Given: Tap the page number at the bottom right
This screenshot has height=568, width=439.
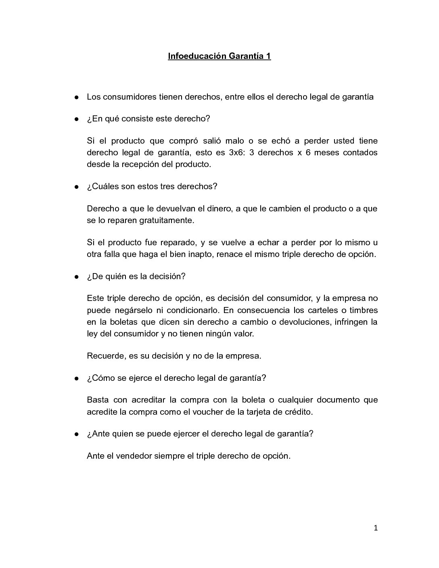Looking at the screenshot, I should [375, 528].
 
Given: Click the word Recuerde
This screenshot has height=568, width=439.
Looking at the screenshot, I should [105, 356].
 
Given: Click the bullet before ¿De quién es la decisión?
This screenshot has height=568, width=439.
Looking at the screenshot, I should [76, 277].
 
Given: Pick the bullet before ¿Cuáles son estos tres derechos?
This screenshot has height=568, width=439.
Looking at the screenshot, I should [76, 187].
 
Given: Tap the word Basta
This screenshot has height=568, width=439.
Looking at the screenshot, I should [97, 400].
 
